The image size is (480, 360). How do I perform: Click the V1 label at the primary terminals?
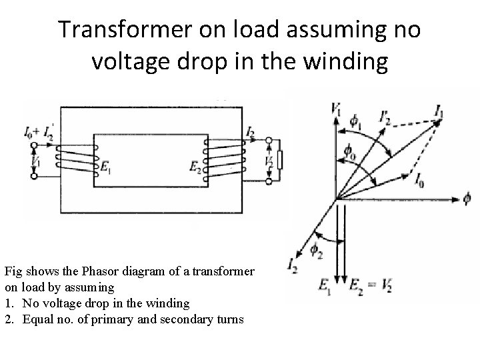[37, 160]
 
